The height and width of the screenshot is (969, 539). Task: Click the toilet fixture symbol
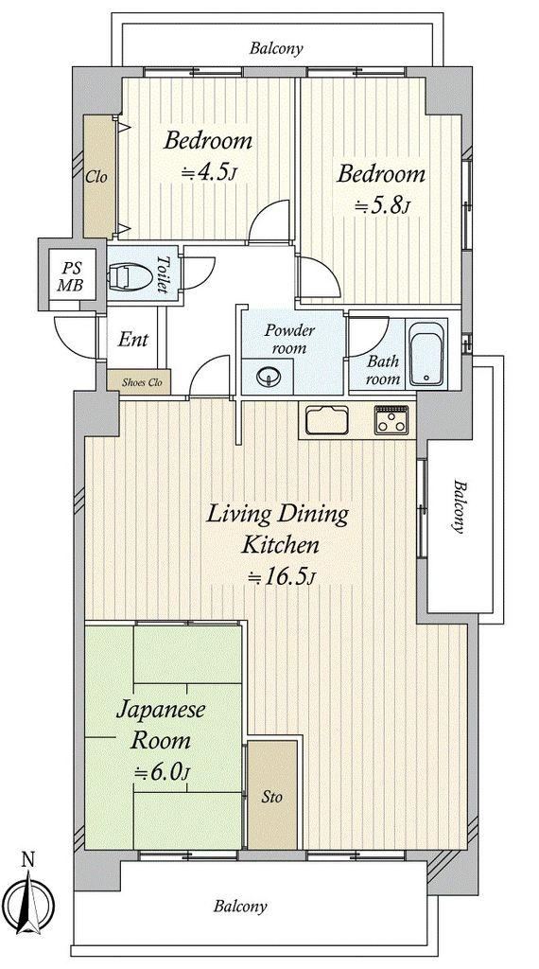pyautogui.click(x=130, y=277)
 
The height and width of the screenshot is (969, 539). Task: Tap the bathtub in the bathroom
pyautogui.click(x=426, y=354)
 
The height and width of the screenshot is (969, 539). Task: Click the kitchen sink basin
pyautogui.click(x=326, y=421)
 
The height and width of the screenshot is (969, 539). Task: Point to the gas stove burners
pyautogui.click(x=391, y=420)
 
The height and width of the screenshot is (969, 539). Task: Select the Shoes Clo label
pyautogui.click(x=142, y=382)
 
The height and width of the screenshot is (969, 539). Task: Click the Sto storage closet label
pyautogui.click(x=271, y=797)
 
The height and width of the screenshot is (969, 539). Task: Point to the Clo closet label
pyautogui.click(x=96, y=177)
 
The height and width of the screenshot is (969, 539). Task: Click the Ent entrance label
pyautogui.click(x=133, y=340)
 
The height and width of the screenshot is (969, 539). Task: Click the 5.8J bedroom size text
pyautogui.click(x=382, y=206)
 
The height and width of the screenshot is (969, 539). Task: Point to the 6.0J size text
pyautogui.click(x=163, y=772)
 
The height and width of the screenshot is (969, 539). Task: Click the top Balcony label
pyautogui.click(x=277, y=48)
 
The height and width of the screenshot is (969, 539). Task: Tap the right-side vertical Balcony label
pyautogui.click(x=460, y=505)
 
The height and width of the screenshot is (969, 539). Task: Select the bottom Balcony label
pyautogui.click(x=241, y=907)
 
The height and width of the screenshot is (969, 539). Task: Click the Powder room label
pyautogui.click(x=289, y=339)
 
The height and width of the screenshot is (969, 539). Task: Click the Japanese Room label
pyautogui.click(x=161, y=724)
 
